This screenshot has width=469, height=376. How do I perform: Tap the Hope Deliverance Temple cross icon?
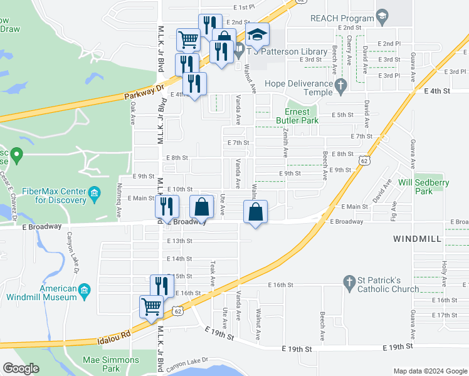point(341,88)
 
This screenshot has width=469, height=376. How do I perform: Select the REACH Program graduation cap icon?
point(381,14)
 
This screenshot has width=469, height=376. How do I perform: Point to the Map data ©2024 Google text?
point(430,371)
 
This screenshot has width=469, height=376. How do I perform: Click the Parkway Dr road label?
point(144,93)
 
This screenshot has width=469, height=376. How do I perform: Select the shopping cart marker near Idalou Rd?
point(151,307)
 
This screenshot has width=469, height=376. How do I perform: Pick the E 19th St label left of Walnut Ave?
point(220,338)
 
